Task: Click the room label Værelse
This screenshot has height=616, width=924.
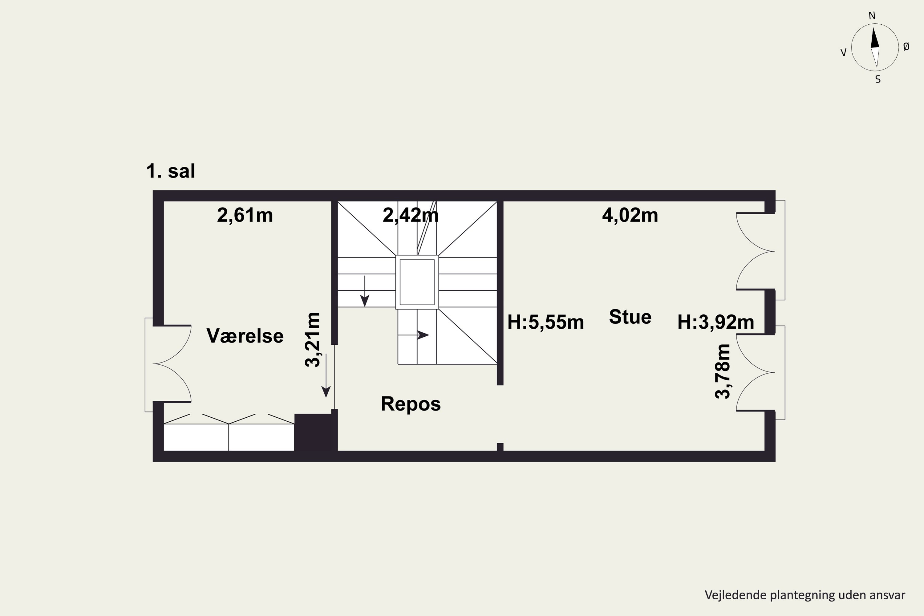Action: [245, 336]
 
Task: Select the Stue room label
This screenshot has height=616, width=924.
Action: [630, 317]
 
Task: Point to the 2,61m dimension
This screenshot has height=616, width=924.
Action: [245, 215]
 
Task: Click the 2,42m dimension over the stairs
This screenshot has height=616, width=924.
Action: [411, 215]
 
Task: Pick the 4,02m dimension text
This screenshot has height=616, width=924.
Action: [630, 215]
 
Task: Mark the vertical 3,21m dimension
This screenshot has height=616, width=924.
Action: [313, 339]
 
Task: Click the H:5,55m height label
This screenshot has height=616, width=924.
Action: [546, 322]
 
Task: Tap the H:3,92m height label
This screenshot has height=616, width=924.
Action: [716, 322]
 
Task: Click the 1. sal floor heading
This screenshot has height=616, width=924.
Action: [171, 171]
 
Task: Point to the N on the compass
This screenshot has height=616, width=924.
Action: [872, 16]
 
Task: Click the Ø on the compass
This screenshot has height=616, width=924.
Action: [906, 47]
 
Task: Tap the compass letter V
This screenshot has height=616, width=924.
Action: [843, 53]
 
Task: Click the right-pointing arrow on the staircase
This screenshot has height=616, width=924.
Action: [413, 335]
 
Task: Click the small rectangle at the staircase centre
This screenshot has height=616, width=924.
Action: [417, 282]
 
